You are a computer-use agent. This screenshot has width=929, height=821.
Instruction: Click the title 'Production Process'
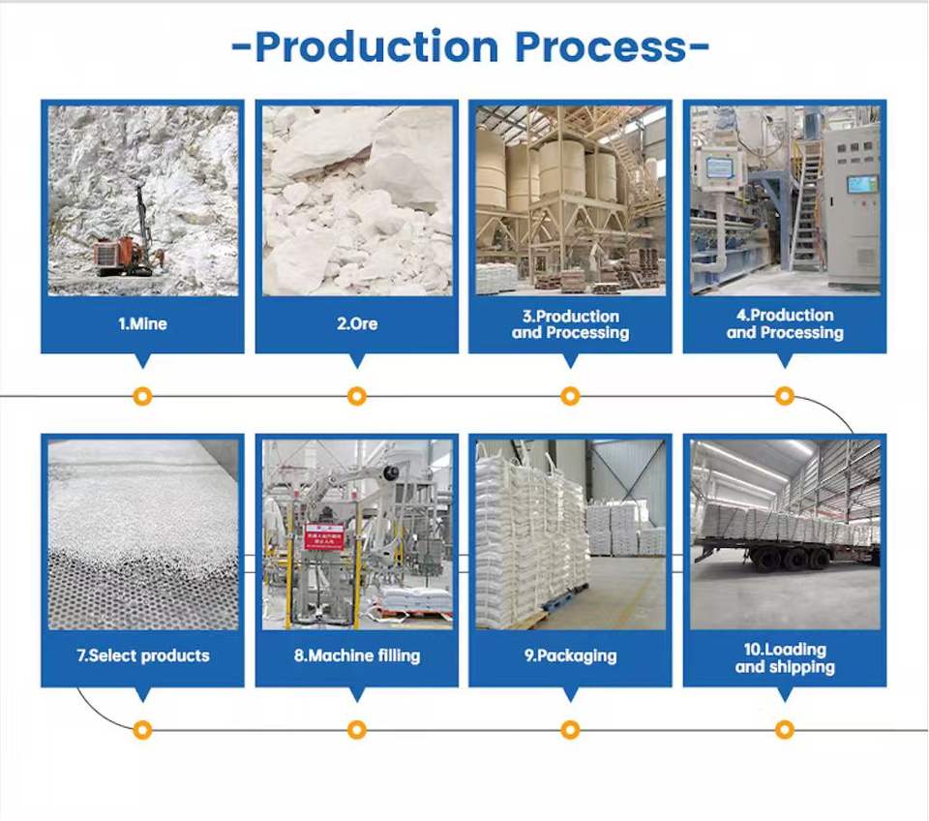(471, 46)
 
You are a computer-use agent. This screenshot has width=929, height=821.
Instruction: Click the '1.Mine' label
(142, 324)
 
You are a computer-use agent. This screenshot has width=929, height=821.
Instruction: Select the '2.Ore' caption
(356, 324)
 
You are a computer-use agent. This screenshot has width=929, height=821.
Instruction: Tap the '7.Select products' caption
(142, 655)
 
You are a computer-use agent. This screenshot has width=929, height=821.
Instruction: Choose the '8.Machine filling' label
(357, 655)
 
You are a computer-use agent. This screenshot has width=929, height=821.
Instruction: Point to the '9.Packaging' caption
(570, 655)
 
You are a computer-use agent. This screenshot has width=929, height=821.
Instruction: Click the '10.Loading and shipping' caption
(785, 657)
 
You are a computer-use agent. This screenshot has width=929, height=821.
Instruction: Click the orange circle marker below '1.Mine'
(142, 396)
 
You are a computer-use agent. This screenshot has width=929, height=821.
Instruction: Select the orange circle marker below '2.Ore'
(356, 396)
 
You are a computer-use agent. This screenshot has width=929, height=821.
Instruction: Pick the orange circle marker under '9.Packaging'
(570, 729)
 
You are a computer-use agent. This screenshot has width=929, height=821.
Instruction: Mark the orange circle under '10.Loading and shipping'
(785, 729)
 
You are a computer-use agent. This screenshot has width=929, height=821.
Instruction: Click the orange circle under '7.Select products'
(142, 729)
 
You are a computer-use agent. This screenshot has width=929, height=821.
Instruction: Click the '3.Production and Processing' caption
(570, 324)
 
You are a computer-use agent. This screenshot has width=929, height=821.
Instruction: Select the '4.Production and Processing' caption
(785, 324)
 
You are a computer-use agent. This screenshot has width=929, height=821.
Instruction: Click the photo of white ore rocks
(356, 200)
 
